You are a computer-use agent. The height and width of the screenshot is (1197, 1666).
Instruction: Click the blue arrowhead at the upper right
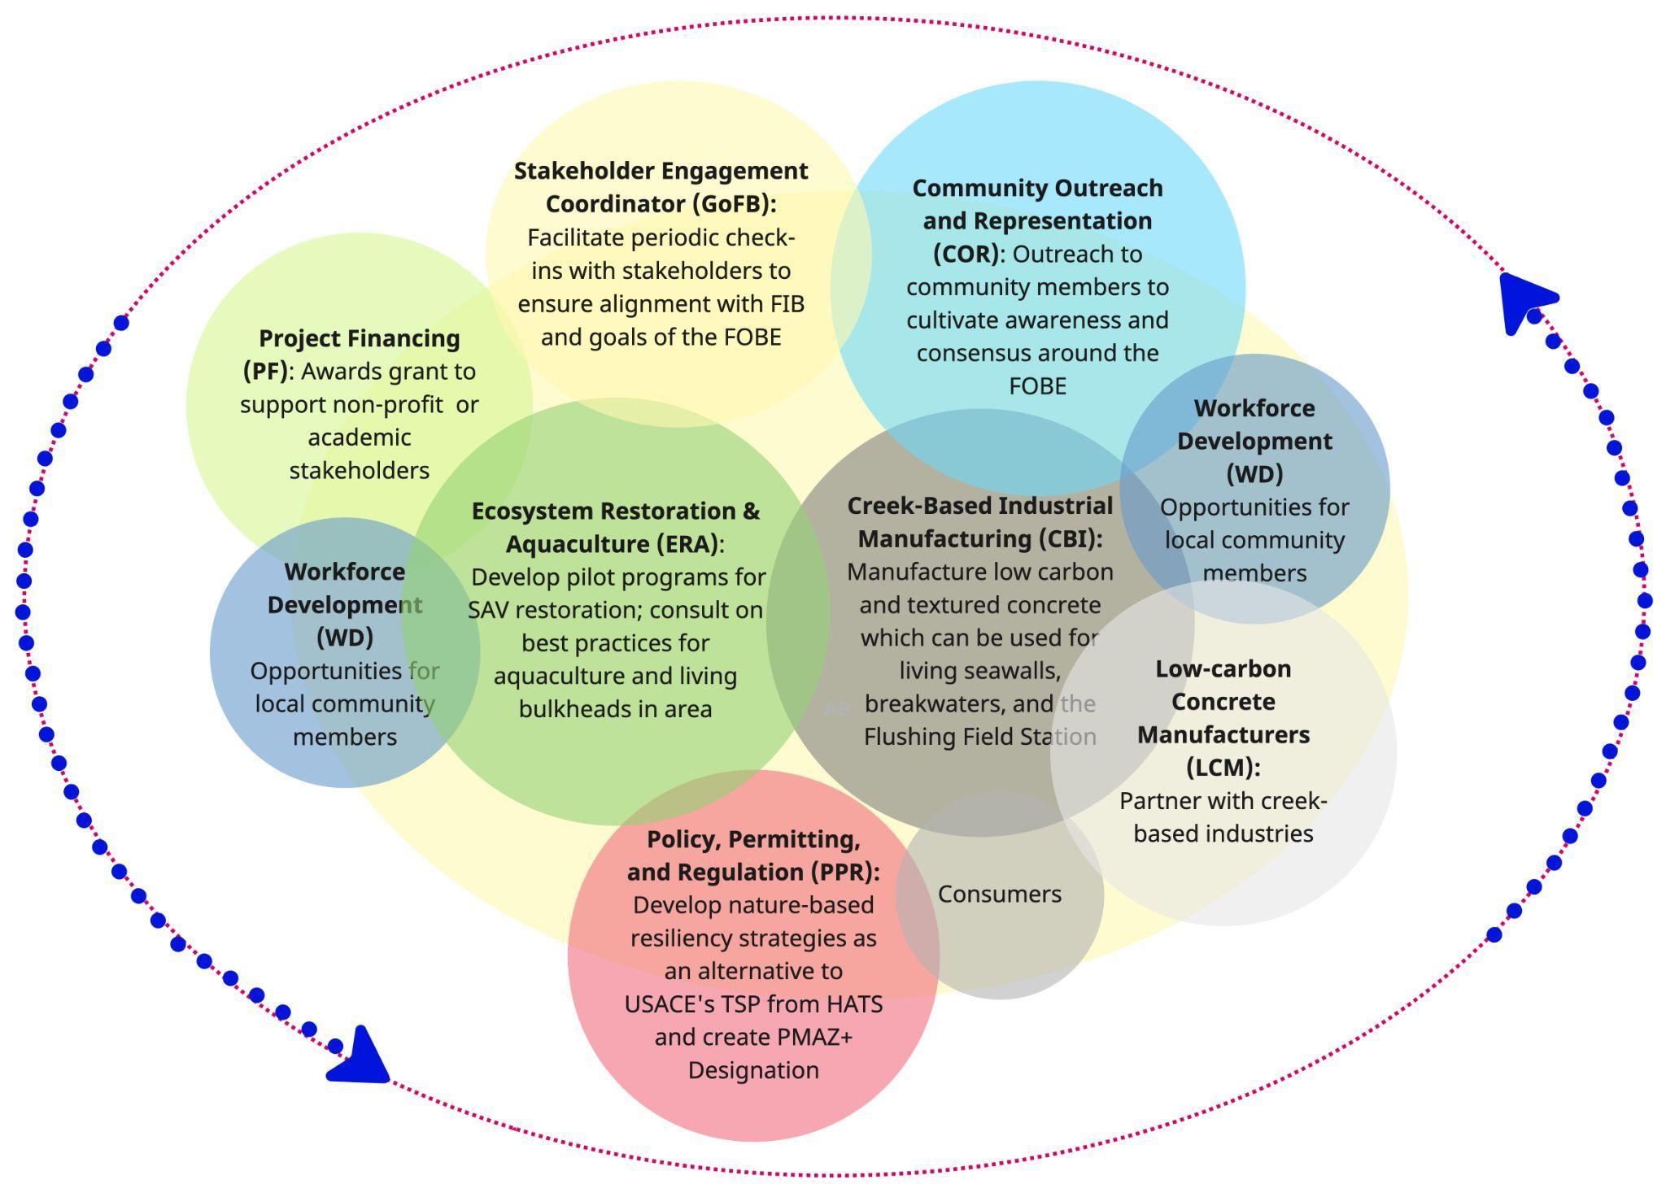(1523, 300)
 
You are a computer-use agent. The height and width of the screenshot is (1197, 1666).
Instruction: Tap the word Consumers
(999, 894)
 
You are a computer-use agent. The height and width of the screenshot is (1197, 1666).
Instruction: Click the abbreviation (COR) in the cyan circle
(966, 254)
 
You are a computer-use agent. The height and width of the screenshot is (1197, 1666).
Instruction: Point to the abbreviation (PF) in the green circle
(265, 371)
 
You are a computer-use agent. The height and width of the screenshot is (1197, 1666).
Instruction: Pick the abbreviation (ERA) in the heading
(687, 543)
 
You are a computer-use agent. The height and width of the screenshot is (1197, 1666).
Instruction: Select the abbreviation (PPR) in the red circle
(842, 872)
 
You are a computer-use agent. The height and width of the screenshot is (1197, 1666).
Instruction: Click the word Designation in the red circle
(753, 1070)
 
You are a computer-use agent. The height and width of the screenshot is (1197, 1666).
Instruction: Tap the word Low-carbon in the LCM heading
(1223, 668)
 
